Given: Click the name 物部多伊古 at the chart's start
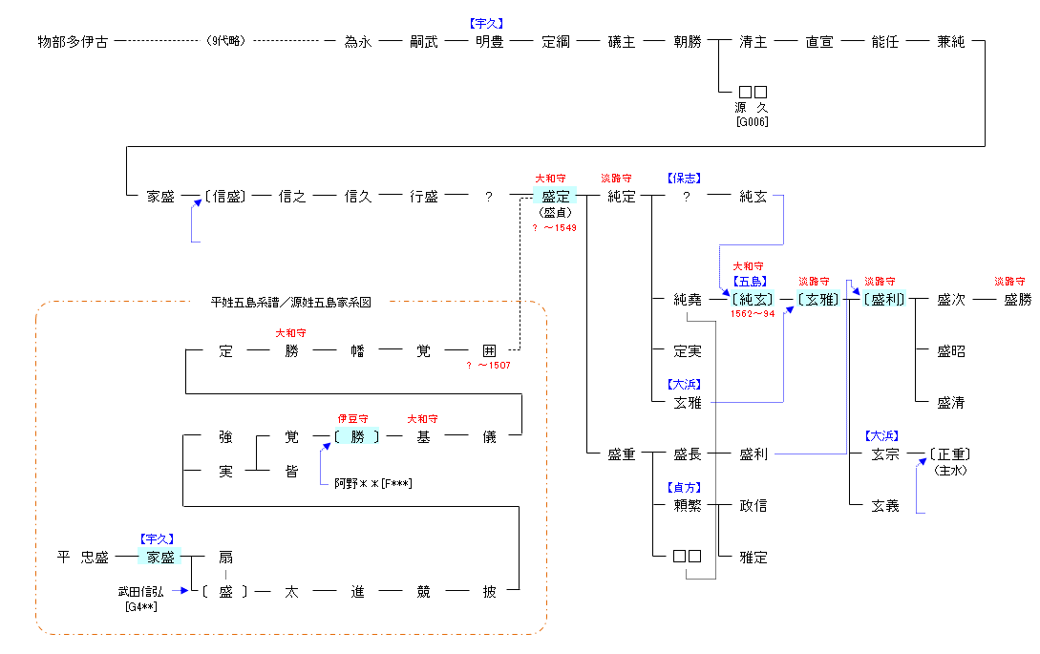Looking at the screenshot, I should pos(73,42).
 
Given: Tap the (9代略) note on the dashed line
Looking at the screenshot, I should pos(225,42).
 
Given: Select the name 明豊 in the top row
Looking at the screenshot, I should pos(489,42).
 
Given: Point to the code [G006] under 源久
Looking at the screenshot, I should pos(752,121).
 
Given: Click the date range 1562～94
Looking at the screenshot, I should pos(753,313).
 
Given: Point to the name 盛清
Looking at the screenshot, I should pos(950,403).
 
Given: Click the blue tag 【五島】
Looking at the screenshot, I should pos(750,282).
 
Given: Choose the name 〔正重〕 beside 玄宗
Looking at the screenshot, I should pos(951,454).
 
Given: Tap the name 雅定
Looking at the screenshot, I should pos(753,558).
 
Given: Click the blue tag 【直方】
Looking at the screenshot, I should pos(684,488).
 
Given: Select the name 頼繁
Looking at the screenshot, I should pos(687,506).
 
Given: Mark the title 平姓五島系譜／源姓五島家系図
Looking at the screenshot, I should pos(290,303).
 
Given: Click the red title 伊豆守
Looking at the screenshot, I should pos(352,419).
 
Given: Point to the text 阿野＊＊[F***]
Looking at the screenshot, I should pos(372,484).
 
